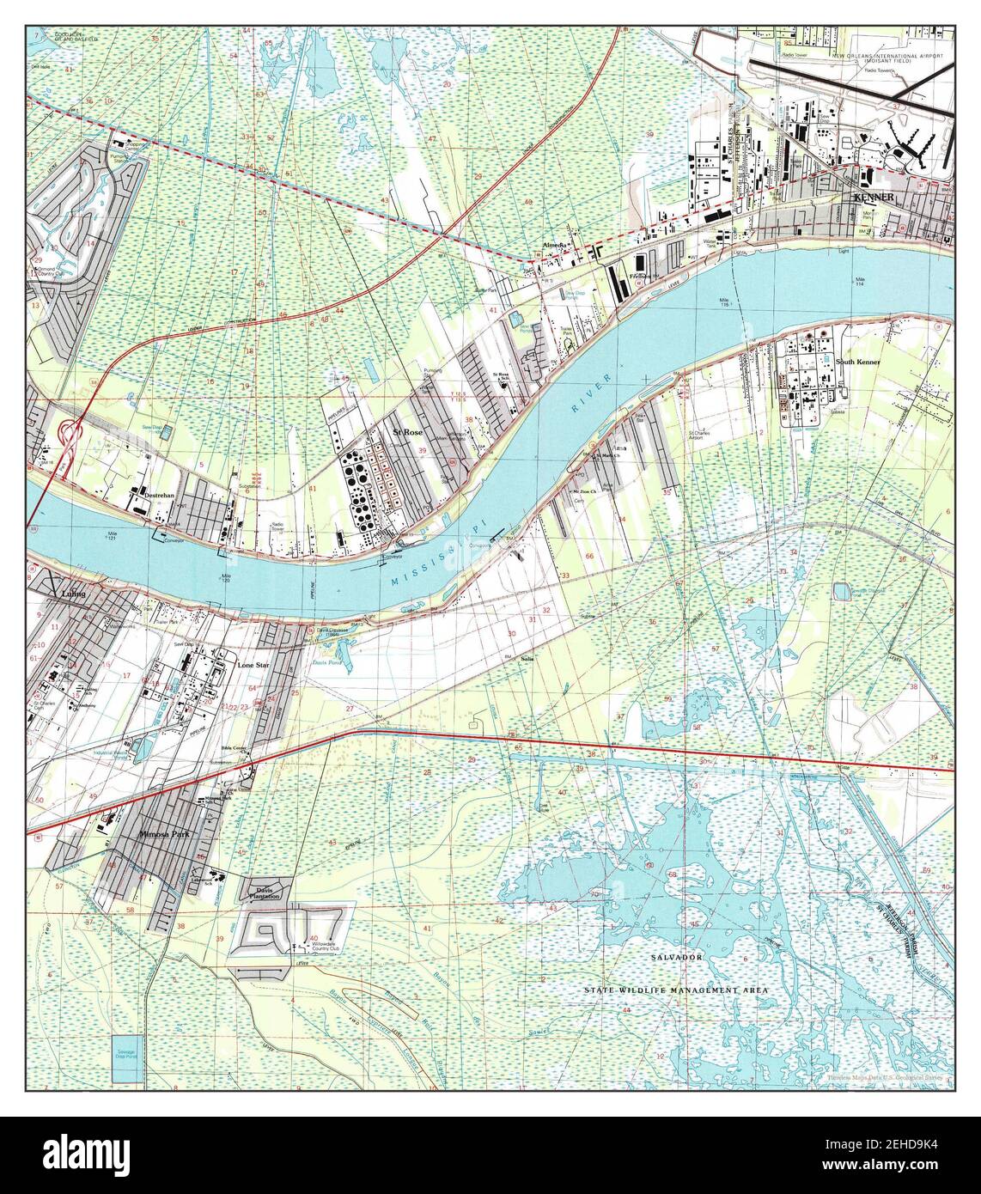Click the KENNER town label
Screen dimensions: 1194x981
tap(874, 198)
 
